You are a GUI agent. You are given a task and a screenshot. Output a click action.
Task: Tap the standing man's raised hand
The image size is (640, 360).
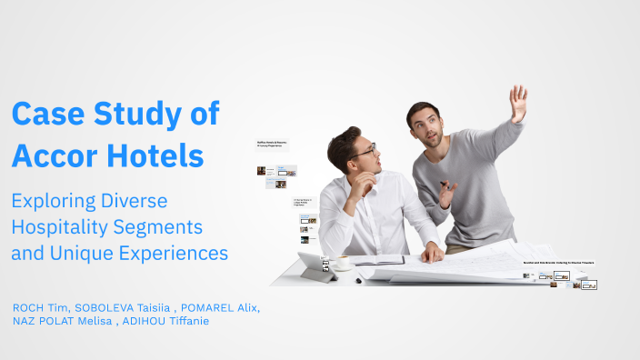click(517, 103)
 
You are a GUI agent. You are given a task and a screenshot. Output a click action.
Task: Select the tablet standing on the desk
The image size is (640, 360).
click(313, 264)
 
